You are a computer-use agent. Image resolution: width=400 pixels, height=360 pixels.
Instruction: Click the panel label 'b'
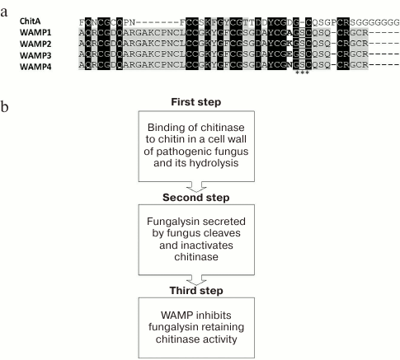point(7,108)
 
